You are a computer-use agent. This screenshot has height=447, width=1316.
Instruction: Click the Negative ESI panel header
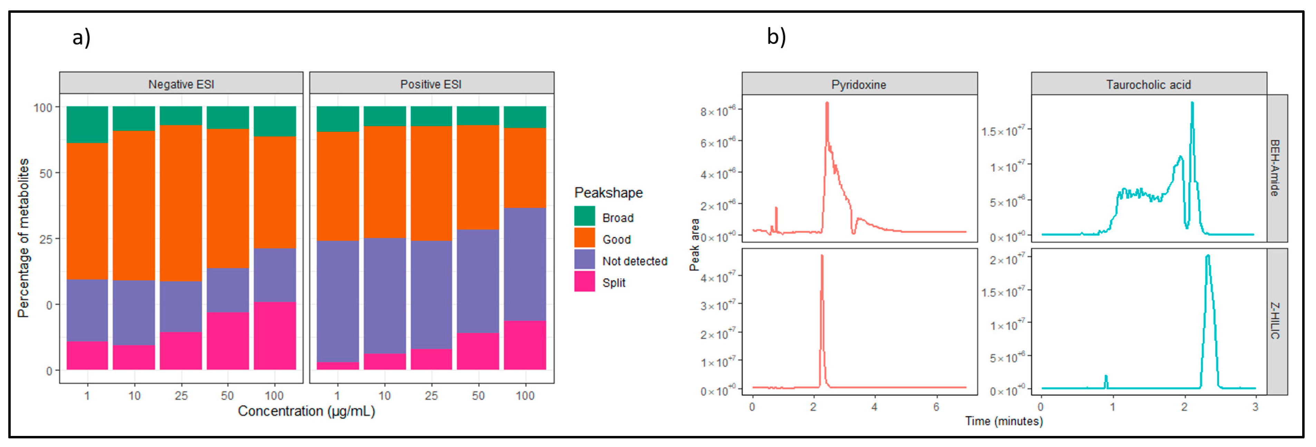(x=181, y=84)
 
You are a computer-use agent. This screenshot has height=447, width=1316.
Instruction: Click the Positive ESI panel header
(x=431, y=84)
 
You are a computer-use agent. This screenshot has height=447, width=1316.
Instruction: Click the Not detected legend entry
(x=634, y=261)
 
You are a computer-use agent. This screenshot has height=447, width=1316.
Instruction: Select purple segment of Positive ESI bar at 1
(x=337, y=302)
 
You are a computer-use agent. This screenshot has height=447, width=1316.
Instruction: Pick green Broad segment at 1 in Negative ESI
(x=87, y=124)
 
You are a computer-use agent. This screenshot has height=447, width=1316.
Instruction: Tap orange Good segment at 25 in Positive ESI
(x=431, y=183)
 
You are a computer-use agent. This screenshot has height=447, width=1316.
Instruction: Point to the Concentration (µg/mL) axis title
(x=306, y=411)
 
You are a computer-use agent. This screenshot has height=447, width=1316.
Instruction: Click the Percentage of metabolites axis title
(x=23, y=238)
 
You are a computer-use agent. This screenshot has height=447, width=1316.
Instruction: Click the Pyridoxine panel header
(x=858, y=84)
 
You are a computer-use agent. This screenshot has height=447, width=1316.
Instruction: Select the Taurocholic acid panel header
(x=1148, y=84)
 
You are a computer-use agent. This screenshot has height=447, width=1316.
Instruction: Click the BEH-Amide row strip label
(x=1275, y=168)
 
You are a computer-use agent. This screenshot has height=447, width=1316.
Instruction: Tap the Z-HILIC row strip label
(x=1275, y=321)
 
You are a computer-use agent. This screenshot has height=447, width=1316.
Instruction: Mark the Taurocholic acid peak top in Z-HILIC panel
(x=1207, y=255)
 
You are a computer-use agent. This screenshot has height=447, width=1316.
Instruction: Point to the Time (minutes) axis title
(x=1003, y=421)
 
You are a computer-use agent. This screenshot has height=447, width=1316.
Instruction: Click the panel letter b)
(x=776, y=37)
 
